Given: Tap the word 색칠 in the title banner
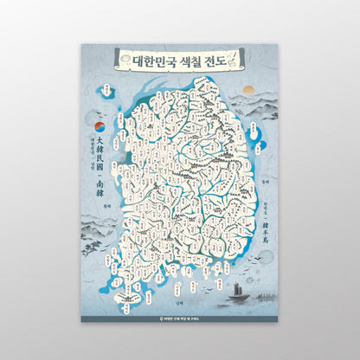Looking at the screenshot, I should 190,61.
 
